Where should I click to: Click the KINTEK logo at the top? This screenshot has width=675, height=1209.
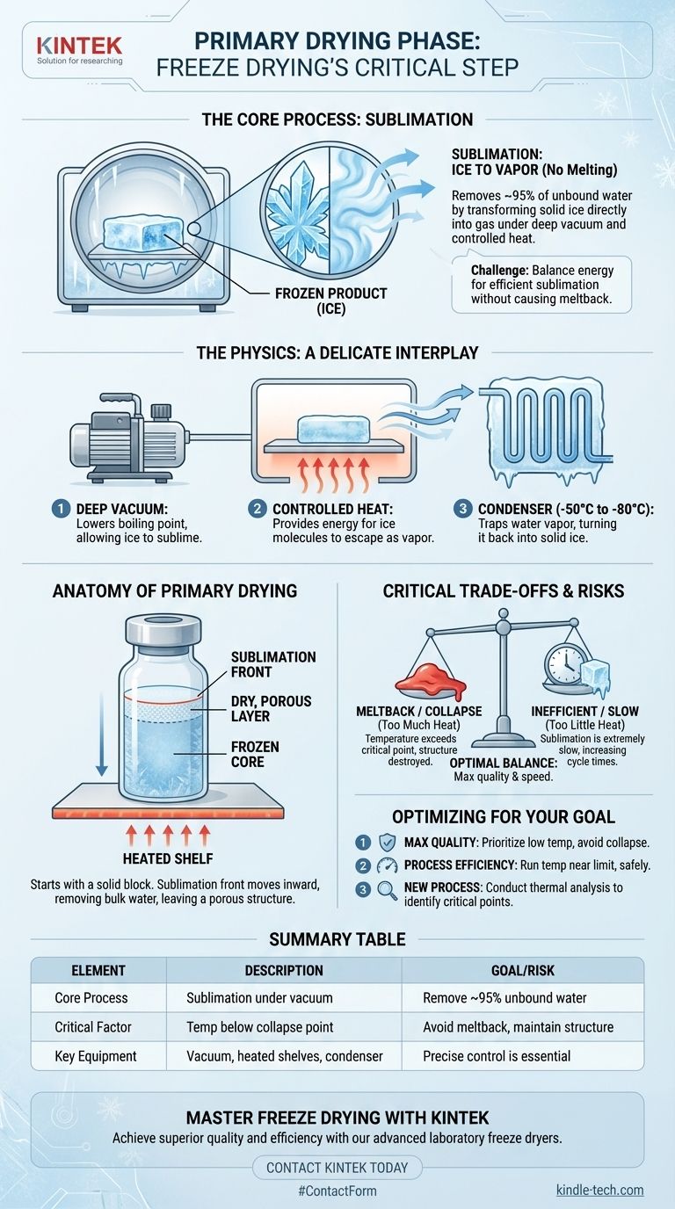point(79,50)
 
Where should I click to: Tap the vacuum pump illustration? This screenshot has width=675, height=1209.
point(129,438)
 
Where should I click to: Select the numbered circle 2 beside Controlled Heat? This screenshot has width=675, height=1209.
point(257,509)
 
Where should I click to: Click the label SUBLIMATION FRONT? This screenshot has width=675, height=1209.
point(273,664)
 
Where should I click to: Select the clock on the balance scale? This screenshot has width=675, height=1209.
point(565,665)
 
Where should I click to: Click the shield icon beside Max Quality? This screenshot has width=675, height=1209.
point(387,842)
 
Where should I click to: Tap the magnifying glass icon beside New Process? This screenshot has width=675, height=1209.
point(387,889)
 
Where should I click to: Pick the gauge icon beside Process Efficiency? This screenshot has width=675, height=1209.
point(387,865)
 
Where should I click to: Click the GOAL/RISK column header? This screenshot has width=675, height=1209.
point(523,970)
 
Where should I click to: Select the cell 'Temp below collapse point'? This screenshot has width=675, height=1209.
point(260,1026)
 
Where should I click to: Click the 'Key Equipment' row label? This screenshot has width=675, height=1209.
point(96,1056)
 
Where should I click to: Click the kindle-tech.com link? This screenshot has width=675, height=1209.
point(600,1190)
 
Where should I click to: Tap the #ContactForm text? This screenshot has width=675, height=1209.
point(337,1191)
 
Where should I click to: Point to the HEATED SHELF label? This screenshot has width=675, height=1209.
point(168,858)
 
